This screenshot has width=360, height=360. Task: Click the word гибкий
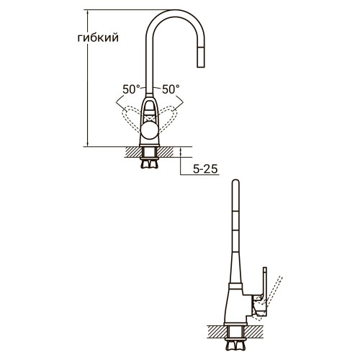pos(98,38)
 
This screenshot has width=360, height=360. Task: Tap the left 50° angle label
pos(130,89)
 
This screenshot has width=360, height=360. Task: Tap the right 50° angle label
pos(171,89)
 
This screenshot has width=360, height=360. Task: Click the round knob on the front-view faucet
pos(150,131)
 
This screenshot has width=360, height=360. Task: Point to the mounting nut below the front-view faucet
pos(150,162)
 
